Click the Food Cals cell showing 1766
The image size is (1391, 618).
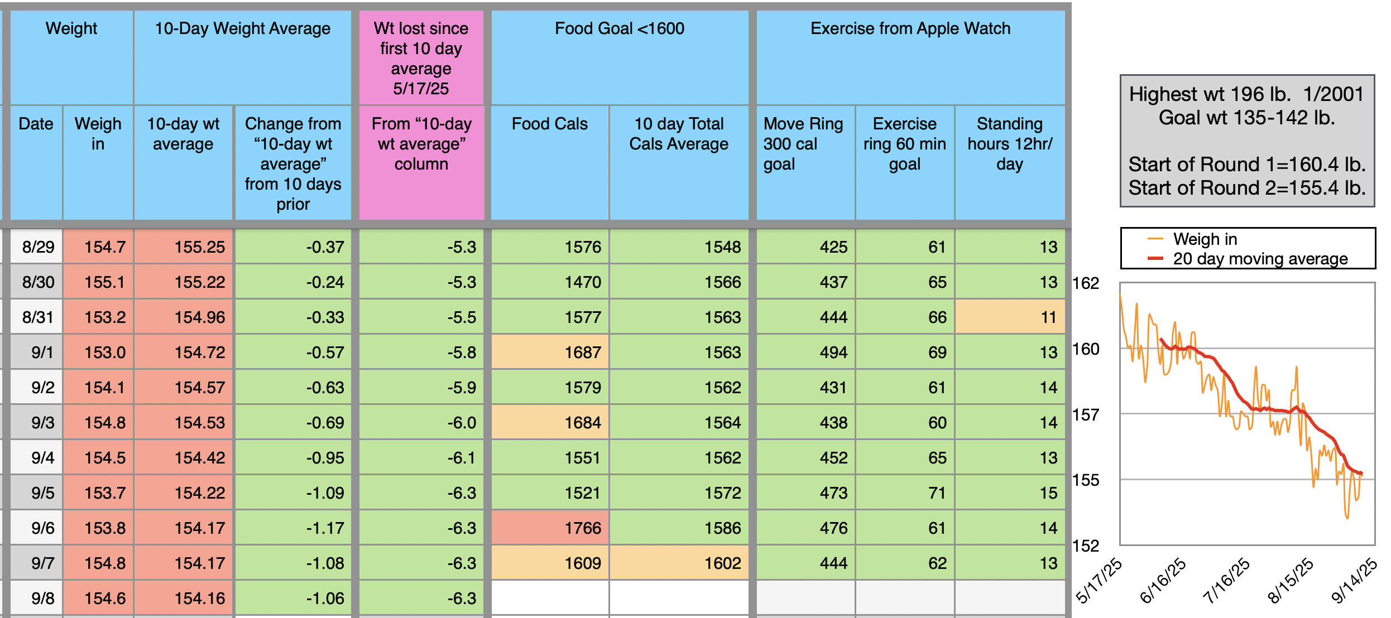550,528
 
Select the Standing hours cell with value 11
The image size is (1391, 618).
1010,317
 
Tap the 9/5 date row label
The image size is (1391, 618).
37,493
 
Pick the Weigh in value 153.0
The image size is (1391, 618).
99,352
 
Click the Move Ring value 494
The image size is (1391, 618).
805,352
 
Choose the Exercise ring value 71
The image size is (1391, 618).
905,493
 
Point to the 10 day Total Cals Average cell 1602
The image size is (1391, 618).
679,563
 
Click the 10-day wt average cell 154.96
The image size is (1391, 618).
184,317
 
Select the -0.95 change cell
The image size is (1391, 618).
293,457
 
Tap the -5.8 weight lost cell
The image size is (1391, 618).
421,352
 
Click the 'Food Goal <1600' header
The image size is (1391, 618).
620,28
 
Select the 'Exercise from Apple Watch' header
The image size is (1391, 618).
910,28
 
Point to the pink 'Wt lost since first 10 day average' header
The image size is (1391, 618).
421,58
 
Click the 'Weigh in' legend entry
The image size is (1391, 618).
1205,239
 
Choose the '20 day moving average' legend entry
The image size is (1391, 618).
1260,259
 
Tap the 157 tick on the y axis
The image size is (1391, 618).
1086,414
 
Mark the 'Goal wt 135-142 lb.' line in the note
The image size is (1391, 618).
1247,118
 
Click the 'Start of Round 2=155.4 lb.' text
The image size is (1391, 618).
1247,188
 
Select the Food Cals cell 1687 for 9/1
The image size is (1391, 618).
550,352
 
